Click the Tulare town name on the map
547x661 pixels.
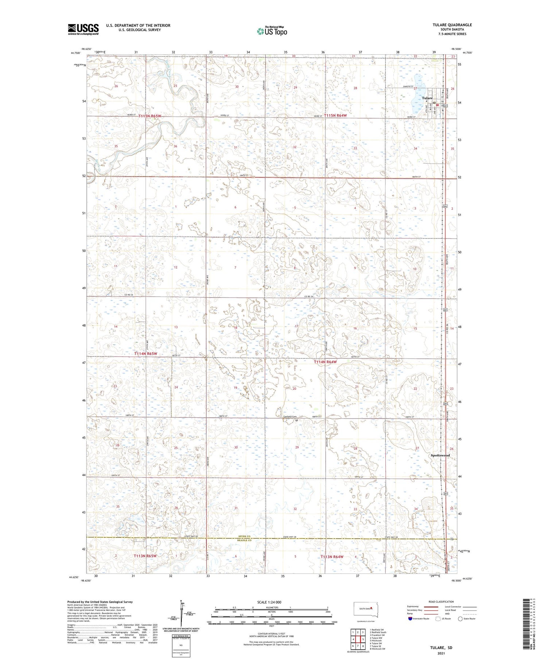pyautogui.click(x=427, y=98)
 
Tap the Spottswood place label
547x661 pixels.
pyautogui.click(x=440, y=455)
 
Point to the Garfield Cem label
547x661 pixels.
pyautogui.click(x=290, y=417)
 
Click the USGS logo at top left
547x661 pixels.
pyautogui.click(x=83, y=29)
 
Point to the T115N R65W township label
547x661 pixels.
pyautogui.click(x=150, y=116)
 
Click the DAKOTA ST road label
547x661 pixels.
pyautogui.click(x=408, y=87)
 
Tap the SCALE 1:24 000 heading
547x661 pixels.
pyautogui.click(x=269, y=602)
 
